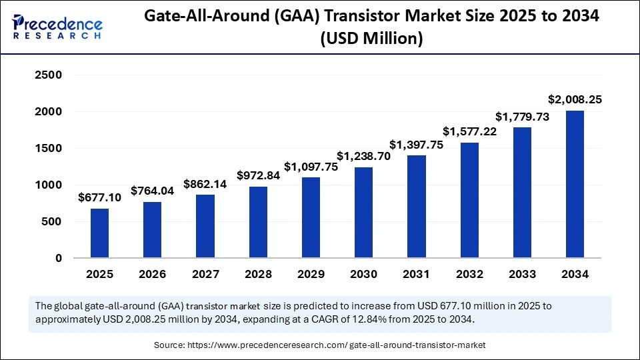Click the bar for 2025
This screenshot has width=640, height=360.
[99, 233]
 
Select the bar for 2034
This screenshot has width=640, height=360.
[575, 184]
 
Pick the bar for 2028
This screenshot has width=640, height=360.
[258, 222]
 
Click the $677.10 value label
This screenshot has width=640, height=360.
[99, 197]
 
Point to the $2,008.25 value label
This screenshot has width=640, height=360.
[575, 99]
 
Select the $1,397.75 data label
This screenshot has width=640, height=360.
[417, 144]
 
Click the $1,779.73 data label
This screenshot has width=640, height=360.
[522, 116]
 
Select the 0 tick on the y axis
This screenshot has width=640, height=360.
[58, 258]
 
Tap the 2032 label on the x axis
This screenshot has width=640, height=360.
[469, 274]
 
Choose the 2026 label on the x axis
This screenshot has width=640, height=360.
[153, 274]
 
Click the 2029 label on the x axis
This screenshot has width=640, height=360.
[311, 274]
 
